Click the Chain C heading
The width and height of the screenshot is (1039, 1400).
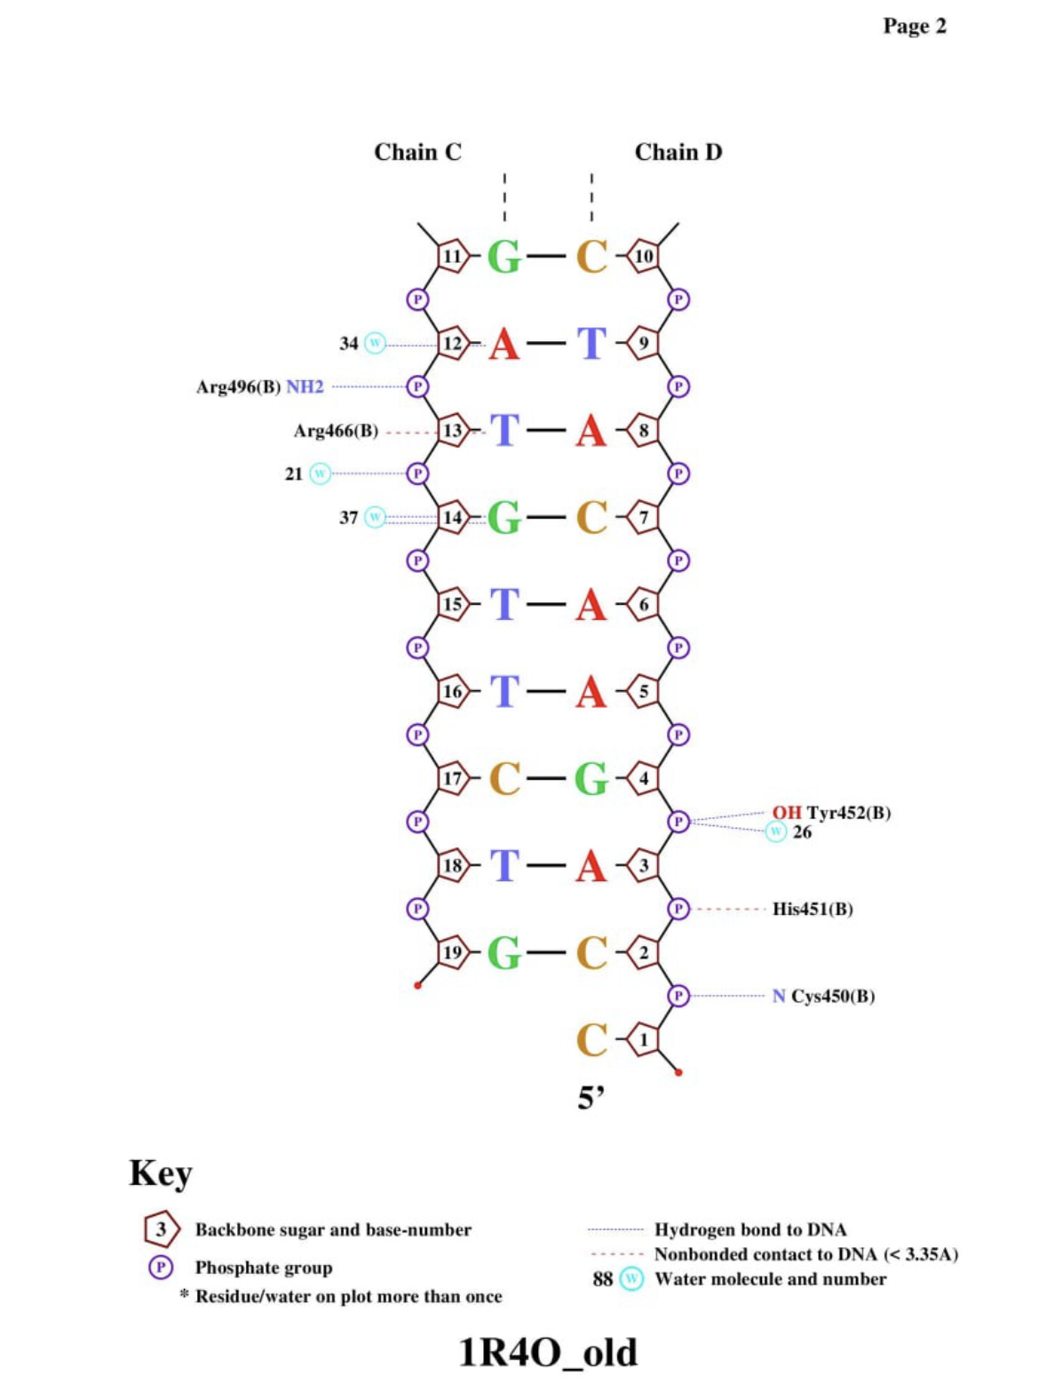pos(417,152)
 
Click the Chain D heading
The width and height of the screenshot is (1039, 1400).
pos(678,152)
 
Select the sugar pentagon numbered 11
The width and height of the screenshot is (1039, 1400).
pos(452,257)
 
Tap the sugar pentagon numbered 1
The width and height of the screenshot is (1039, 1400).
pos(644,1039)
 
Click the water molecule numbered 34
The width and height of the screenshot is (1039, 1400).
pos(376,343)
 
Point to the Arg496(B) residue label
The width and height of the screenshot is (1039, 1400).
pos(238,387)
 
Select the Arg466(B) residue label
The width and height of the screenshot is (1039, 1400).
pos(336,431)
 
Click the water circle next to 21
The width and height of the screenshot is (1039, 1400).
pos(320,473)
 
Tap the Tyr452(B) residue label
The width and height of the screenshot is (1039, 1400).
pos(849,812)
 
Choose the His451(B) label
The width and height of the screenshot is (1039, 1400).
pos(813,909)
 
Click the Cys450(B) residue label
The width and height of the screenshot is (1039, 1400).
pos(833,996)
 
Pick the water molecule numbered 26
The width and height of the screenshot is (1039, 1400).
pos(776,831)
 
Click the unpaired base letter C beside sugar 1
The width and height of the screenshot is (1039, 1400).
pos(591,1040)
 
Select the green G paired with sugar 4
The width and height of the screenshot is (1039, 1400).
pos(591,779)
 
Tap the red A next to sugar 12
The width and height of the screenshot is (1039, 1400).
pos(504,344)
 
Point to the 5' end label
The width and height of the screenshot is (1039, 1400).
pos(591,1098)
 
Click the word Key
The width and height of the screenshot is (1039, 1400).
pos(161,1173)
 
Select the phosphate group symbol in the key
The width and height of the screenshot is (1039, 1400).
pos(160,1267)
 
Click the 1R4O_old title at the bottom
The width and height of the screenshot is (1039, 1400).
pos(548,1352)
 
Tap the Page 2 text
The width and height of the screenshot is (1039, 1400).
pos(915,26)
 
